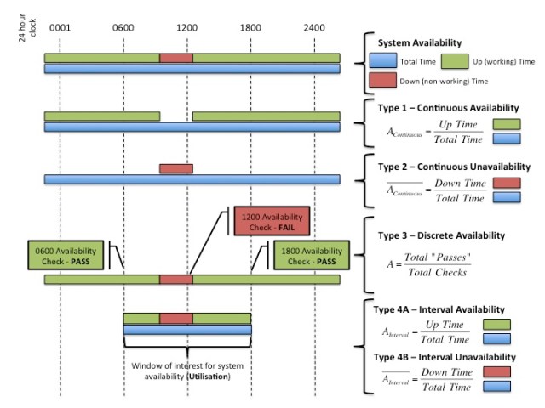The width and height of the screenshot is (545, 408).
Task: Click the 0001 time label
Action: [60, 28]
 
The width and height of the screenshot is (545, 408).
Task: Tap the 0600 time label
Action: [123, 28]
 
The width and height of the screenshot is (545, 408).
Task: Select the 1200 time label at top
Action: [187, 28]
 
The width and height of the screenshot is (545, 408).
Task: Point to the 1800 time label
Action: [250, 28]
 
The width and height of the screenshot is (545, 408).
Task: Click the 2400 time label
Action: [314, 28]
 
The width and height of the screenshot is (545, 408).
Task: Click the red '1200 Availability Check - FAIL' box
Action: [271, 221]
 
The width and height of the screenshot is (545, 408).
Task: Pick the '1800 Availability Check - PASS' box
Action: [311, 255]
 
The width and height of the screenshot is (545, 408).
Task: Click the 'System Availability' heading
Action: [420, 43]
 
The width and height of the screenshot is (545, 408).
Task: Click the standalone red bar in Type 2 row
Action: [175, 168]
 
